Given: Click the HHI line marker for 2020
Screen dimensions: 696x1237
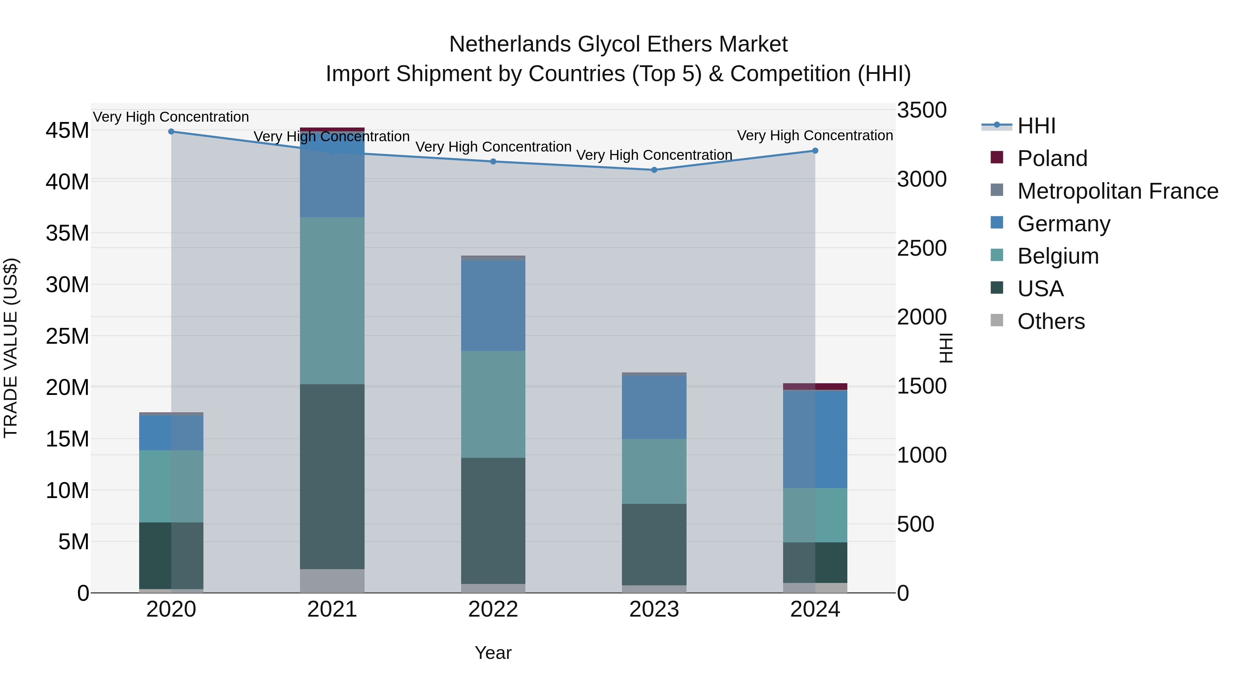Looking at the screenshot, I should pos(171,131).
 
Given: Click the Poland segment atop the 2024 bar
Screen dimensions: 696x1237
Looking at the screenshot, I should pos(815,386).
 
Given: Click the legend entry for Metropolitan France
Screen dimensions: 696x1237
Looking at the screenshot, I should pos(1117,191).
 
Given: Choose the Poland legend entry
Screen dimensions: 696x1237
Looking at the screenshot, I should pos(1052,158).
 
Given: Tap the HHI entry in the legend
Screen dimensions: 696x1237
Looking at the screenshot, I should pos(1036,126).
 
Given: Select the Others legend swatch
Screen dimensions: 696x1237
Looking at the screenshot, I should pos(997,320).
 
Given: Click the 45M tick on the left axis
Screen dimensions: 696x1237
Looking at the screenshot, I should pos(67,131).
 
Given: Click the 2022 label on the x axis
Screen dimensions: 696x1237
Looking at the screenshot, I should pos(493,609).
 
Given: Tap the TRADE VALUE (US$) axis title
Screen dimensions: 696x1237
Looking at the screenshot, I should pos(11,348).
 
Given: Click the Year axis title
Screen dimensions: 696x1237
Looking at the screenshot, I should pos(493,653).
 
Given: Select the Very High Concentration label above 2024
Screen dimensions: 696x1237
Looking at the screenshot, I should pos(815,135).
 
